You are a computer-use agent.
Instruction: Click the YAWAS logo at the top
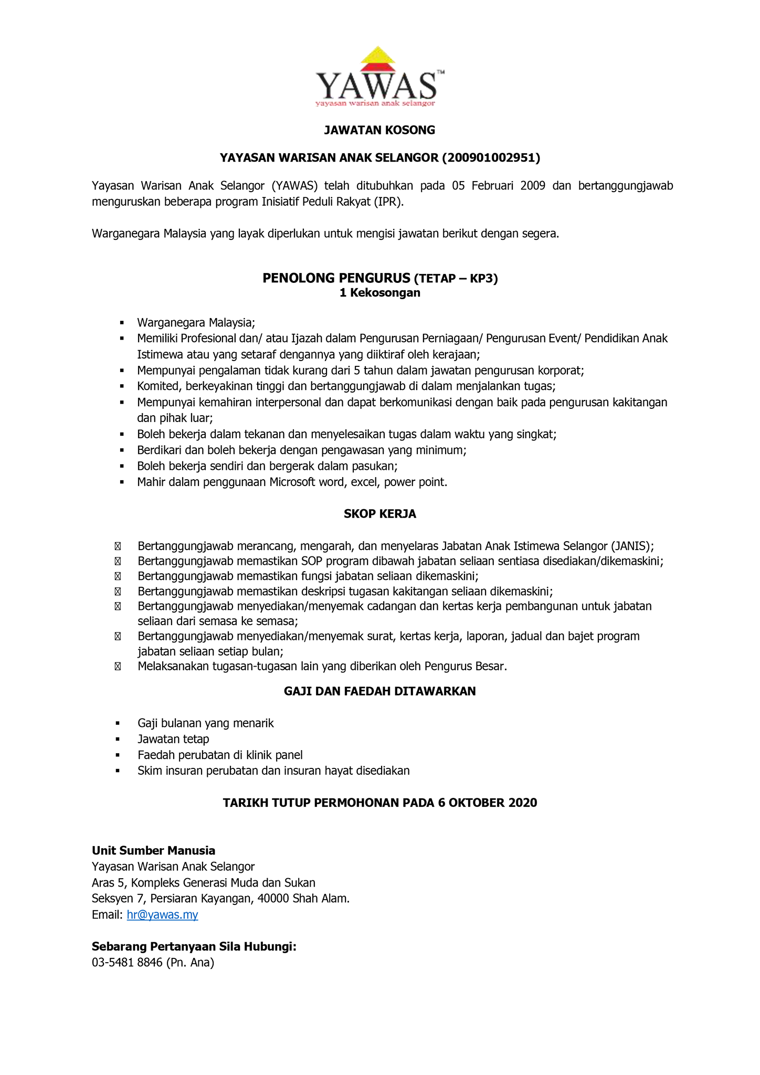(x=379, y=78)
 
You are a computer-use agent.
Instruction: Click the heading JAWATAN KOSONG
(x=379, y=130)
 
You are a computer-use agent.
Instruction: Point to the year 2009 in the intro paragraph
(x=533, y=186)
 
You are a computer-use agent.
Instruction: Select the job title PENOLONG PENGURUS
(x=336, y=278)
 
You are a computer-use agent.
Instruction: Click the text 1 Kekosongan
(x=379, y=293)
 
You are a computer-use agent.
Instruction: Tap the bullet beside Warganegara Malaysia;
(x=122, y=322)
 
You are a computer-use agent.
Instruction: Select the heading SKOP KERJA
(x=379, y=514)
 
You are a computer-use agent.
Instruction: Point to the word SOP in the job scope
(x=312, y=561)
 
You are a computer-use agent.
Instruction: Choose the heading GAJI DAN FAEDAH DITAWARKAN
(x=379, y=691)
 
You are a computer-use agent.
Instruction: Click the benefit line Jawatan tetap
(x=173, y=739)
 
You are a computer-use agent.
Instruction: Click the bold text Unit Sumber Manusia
(x=153, y=850)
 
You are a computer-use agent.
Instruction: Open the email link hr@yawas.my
(x=162, y=915)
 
